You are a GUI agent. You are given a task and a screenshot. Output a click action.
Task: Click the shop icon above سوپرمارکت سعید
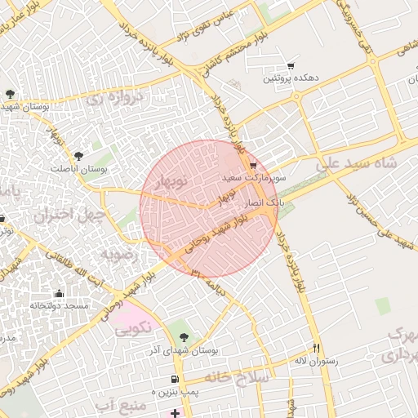[253, 166]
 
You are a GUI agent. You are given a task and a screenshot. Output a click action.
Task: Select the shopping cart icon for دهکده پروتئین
[291, 66]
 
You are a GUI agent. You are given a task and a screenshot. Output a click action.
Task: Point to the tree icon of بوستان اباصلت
[78, 155]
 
